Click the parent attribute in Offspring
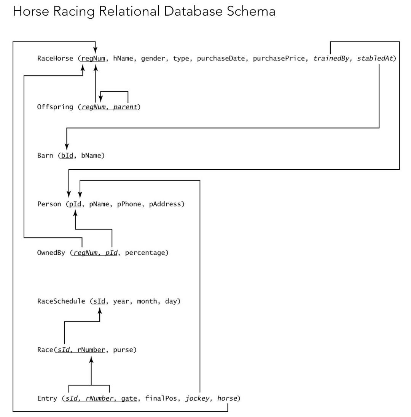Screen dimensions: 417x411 coord(125,107)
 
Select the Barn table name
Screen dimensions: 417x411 coord(45,156)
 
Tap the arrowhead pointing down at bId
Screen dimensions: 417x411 coord(67,146)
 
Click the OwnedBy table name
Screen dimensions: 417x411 coord(51,253)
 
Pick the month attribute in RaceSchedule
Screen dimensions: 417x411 coord(147,301)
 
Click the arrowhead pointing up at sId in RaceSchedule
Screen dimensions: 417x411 coord(100,311)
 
